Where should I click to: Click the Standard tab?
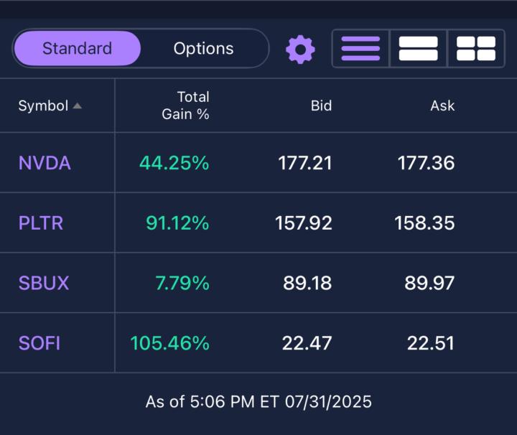point(77,49)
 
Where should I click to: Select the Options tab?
point(203,49)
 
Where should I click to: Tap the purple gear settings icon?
point(300,49)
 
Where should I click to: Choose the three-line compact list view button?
point(360,49)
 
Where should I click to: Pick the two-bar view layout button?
point(418,49)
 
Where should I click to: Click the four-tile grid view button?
point(475,49)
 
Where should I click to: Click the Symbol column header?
point(43,106)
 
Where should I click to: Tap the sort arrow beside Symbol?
point(77,106)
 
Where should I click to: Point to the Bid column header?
point(321,106)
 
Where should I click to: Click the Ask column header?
point(442,106)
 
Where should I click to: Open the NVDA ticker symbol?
point(45,163)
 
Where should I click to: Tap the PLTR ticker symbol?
point(41,223)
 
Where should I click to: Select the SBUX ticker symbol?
point(44,283)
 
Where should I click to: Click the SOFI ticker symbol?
point(39,343)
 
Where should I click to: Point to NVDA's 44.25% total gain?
point(174,163)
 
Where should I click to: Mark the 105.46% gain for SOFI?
point(169,343)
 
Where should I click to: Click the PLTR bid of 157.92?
point(304,223)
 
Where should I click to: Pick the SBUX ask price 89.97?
point(429,283)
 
